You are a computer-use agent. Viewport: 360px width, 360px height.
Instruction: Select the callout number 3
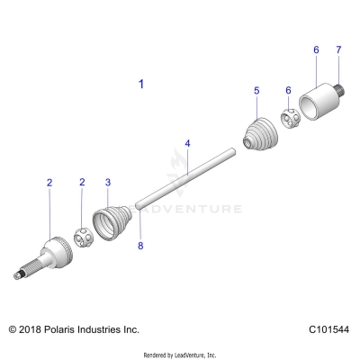(108, 182)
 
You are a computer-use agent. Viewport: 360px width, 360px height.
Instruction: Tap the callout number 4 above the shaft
(187, 143)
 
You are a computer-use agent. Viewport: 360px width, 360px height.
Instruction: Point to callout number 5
(256, 91)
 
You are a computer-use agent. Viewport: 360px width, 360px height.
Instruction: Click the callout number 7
(338, 49)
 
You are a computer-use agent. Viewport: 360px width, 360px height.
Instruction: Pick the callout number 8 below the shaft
(139, 244)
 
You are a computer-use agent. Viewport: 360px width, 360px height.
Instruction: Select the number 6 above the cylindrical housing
(316, 49)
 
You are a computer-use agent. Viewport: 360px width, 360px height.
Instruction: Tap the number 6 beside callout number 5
(288, 91)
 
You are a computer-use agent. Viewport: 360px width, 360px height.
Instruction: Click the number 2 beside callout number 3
(82, 182)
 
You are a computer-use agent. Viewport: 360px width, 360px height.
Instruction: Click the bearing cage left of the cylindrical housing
(290, 118)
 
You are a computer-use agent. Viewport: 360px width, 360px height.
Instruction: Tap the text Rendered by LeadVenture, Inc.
(180, 354)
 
